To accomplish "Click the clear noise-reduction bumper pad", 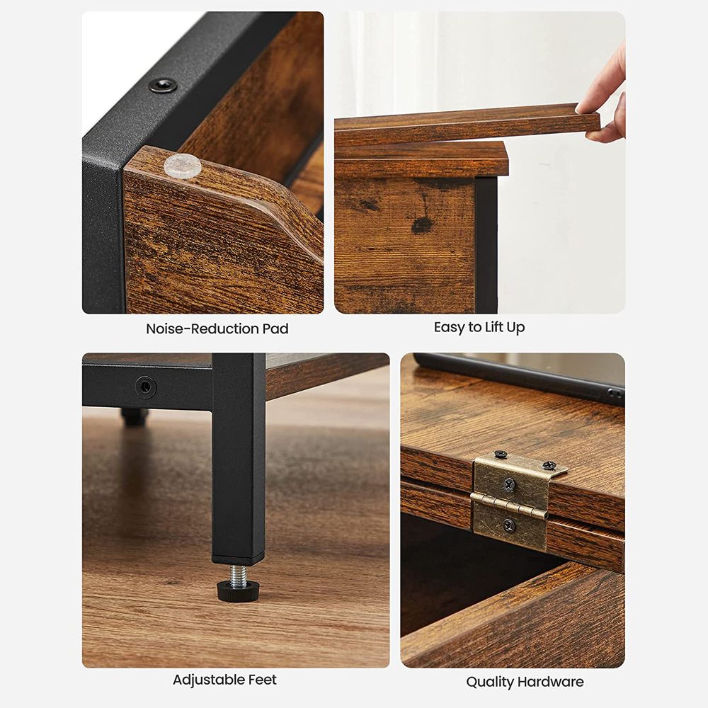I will pos(183,166).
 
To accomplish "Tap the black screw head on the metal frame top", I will pos(163,86).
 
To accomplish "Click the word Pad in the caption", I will pos(275,329).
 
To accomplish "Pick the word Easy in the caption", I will pos(449,327).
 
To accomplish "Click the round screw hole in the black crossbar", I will pos(146,387).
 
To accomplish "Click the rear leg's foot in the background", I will pos(134,417).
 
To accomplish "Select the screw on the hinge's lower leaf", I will pos(509,525).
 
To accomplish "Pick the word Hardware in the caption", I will pos(550,682).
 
